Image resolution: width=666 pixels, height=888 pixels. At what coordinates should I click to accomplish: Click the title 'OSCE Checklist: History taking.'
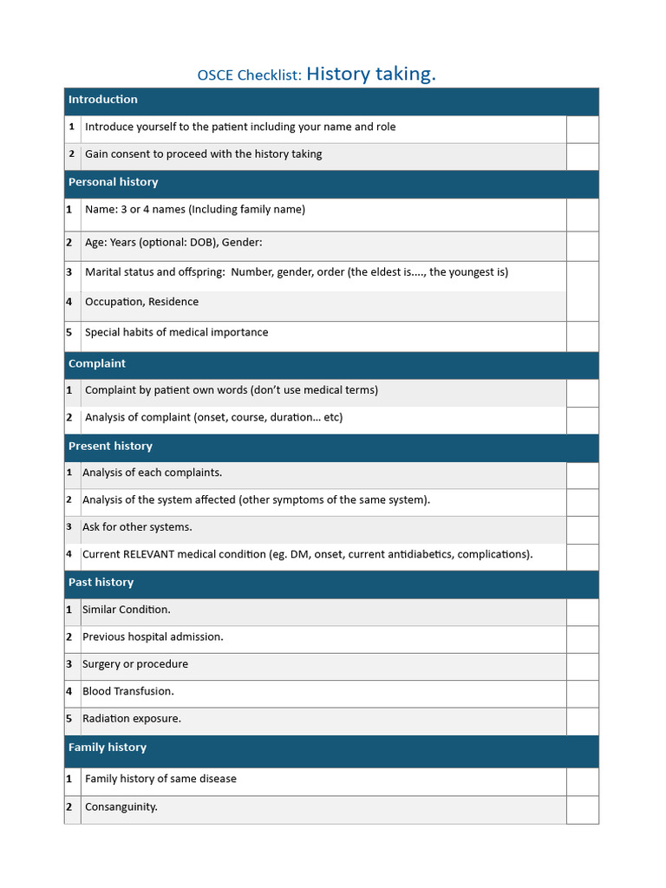point(317,75)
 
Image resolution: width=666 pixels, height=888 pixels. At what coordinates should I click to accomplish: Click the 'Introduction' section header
point(103,100)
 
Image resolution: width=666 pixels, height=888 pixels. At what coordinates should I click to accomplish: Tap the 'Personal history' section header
point(114,182)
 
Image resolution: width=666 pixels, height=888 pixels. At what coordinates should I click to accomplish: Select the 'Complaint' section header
point(97,363)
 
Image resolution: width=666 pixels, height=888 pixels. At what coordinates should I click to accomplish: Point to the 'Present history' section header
point(110,446)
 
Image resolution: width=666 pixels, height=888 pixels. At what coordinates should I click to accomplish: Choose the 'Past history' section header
point(101,582)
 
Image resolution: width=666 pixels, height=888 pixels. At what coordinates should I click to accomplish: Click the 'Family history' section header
point(108,748)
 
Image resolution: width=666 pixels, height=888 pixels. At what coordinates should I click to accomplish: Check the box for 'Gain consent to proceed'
point(582,156)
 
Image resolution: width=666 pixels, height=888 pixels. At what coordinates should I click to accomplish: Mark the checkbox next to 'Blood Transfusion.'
point(582,693)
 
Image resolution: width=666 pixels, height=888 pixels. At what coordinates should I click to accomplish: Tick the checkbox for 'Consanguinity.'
point(582,809)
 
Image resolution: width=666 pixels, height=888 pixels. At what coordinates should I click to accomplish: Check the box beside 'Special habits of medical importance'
point(582,336)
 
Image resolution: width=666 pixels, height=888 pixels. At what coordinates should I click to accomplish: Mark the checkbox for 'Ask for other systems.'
point(582,529)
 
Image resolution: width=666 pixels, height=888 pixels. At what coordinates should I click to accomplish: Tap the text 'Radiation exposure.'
point(132,719)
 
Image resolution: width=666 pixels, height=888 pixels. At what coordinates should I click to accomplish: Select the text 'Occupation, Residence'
point(141,302)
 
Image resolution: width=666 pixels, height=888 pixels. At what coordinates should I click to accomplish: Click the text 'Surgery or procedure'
point(135,664)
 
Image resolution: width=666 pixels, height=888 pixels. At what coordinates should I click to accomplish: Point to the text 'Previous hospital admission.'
point(153,637)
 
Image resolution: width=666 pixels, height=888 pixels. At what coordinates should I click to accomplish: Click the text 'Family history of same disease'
point(160,779)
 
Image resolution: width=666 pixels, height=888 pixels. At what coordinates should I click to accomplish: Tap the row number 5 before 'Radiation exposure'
point(69,719)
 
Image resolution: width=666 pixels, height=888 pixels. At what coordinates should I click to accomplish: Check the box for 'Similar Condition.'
point(582,611)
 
